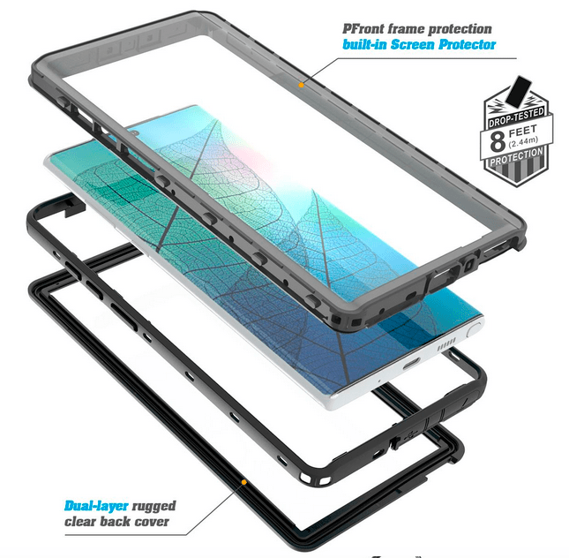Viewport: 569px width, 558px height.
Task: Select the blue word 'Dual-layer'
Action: click(x=96, y=506)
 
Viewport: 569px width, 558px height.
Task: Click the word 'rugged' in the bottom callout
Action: click(x=153, y=507)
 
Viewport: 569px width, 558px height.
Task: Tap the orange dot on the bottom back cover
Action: click(x=243, y=482)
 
